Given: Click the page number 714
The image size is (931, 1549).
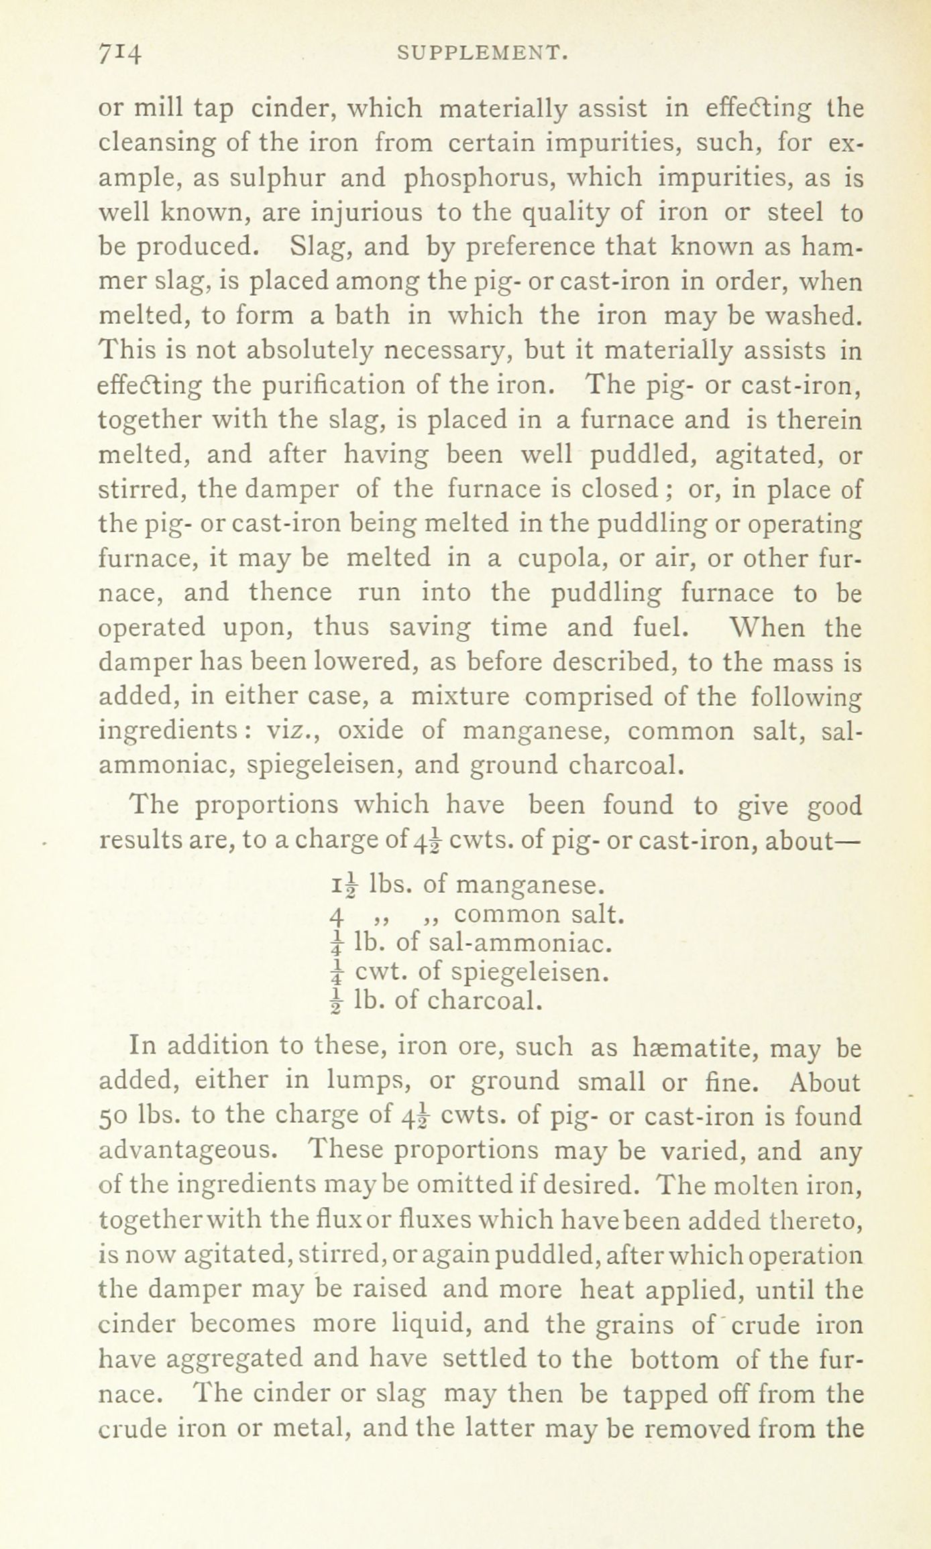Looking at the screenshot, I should click(x=120, y=54).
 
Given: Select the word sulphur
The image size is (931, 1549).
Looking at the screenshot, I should click(x=276, y=178).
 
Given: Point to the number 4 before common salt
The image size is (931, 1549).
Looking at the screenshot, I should click(x=337, y=916).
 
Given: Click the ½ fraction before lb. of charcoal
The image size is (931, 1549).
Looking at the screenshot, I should click(x=337, y=1001).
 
